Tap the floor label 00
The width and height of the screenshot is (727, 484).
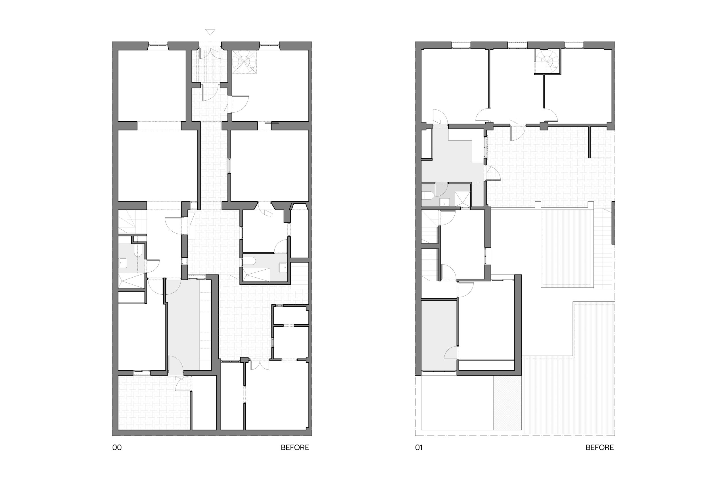[x=117, y=448]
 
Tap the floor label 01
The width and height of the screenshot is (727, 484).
[x=419, y=448]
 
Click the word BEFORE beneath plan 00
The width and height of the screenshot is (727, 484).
[x=295, y=448]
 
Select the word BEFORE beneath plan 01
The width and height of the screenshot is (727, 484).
[x=600, y=448]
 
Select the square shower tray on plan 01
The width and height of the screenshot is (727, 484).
[x=462, y=199]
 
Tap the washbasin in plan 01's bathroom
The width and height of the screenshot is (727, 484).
[x=445, y=202]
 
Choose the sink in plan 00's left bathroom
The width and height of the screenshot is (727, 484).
[x=123, y=262]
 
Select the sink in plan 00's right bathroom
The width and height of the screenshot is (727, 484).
[x=283, y=267]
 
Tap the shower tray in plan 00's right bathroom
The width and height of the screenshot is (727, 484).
[x=256, y=275]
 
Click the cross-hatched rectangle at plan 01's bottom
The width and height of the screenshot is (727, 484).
[x=507, y=403]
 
